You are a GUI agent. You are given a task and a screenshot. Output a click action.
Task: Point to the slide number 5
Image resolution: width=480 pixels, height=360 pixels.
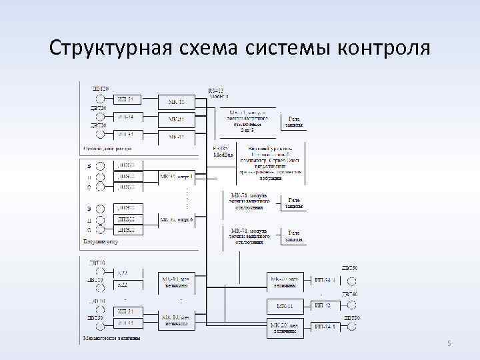(x=449, y=343)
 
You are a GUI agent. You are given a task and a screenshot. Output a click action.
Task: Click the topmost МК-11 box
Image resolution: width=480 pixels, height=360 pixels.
(x=177, y=101)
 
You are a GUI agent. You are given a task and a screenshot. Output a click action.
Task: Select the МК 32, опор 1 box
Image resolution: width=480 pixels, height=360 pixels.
(x=176, y=177)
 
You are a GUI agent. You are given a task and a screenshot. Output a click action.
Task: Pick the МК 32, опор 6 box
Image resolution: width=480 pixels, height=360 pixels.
(x=176, y=219)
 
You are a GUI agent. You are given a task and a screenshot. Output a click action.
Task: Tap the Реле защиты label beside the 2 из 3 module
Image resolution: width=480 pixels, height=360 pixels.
(x=294, y=121)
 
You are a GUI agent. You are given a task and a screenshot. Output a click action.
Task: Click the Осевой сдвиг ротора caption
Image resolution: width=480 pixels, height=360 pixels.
(x=107, y=148)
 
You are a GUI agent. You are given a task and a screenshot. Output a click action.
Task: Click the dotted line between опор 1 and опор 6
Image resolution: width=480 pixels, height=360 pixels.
(x=187, y=197)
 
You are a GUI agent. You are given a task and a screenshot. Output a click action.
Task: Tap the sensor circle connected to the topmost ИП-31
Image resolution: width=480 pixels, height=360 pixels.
(x=101, y=99)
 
